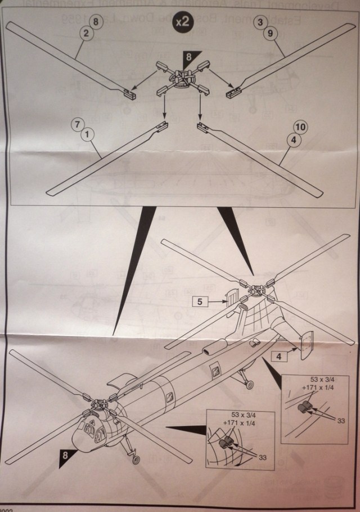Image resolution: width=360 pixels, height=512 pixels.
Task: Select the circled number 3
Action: (260, 22)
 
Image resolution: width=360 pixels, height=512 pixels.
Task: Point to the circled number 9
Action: (269, 33)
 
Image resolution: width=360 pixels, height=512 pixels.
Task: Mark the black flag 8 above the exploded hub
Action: (190, 57)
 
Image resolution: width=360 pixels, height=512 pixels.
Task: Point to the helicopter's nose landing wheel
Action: (135, 460)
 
